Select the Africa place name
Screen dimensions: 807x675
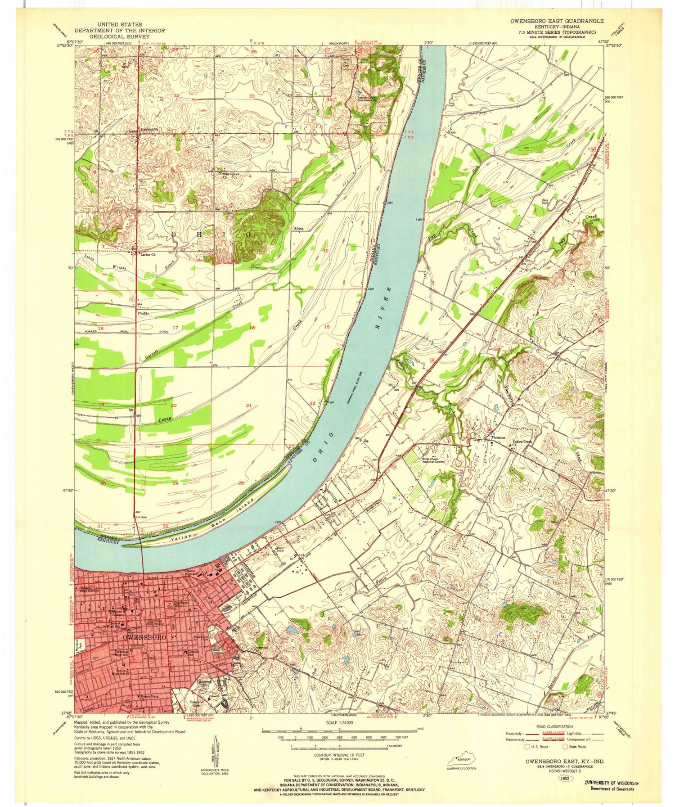(298, 229)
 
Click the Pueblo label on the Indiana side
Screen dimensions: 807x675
(143, 312)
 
